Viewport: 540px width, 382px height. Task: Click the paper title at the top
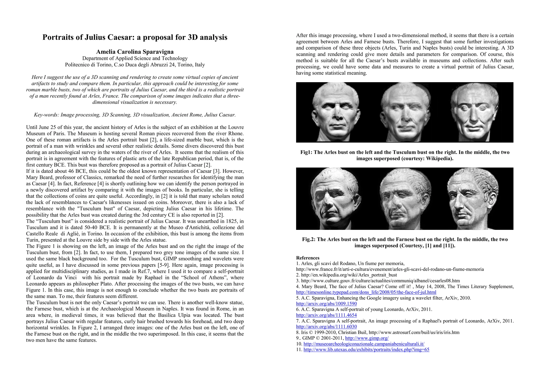[135, 37]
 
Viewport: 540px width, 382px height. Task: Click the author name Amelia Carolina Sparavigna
[135, 52]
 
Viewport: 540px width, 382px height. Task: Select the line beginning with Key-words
[135, 115]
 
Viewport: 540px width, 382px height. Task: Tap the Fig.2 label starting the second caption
[309, 239]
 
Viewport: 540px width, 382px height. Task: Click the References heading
[308, 258]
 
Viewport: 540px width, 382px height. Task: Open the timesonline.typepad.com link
[366, 292]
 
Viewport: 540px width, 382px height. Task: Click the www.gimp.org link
[367, 338]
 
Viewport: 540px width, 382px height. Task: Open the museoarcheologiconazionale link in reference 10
[364, 344]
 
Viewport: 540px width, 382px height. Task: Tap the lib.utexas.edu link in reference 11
[366, 350]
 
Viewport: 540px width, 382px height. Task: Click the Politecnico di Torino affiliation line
[135, 65]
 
